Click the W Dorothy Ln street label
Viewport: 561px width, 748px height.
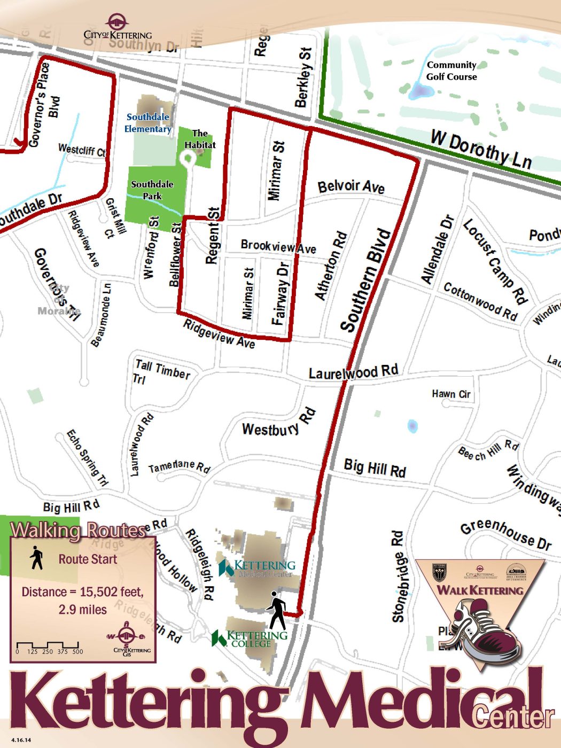[481, 150]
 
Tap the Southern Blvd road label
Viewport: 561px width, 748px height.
[366, 280]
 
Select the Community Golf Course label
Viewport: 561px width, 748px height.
[451, 71]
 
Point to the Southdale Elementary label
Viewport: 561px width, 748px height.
[148, 123]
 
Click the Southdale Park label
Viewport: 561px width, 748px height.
[152, 190]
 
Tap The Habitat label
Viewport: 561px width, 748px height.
[200, 139]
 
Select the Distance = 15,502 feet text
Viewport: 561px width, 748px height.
[82, 592]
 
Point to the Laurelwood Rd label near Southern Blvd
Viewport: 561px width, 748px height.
[353, 372]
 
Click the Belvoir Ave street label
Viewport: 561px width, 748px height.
[351, 186]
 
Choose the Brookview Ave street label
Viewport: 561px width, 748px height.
[278, 246]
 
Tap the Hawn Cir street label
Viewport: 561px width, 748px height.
[451, 394]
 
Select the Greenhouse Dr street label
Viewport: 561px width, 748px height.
[505, 535]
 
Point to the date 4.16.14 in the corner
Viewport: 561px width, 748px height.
[21, 740]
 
